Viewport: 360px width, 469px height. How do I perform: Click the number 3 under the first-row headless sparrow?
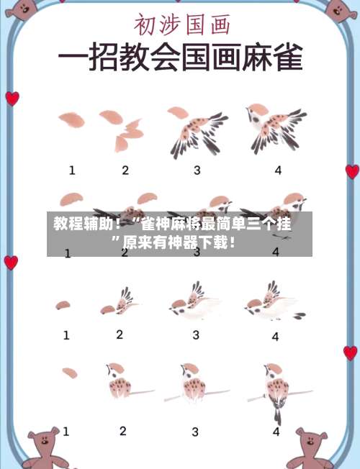coord(197,170)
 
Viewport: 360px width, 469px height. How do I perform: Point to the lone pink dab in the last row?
coord(70,373)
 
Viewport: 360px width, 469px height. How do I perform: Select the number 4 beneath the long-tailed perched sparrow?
coord(276,432)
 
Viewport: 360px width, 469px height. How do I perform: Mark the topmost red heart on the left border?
coord(12,99)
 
